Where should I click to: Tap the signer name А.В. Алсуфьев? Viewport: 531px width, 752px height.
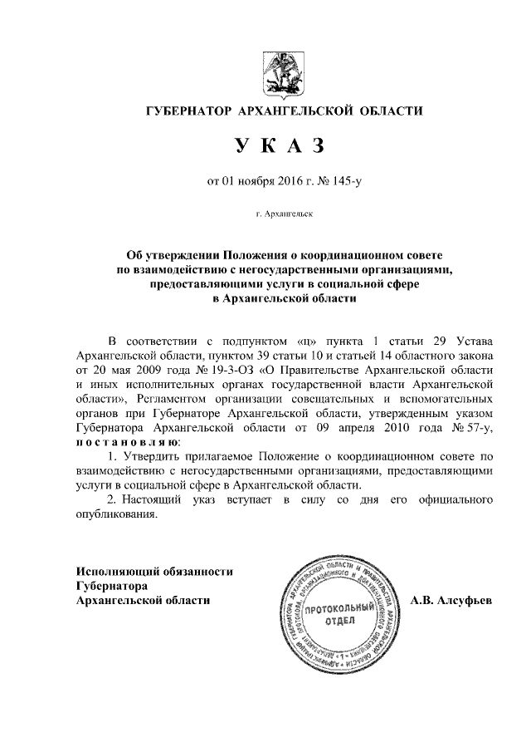[x=451, y=600]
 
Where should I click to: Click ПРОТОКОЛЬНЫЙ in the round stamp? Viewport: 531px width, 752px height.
[x=336, y=609]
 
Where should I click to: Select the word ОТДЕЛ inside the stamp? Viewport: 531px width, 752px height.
[x=336, y=622]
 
